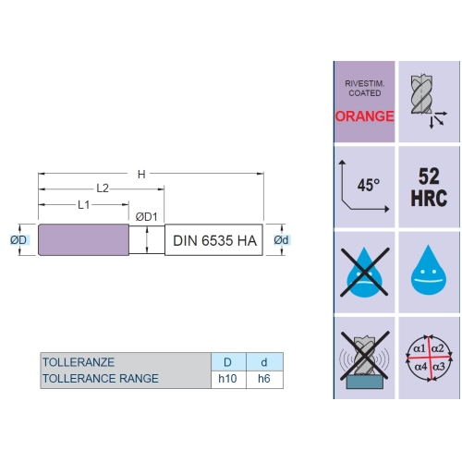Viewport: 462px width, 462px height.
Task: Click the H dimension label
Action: (x=141, y=175)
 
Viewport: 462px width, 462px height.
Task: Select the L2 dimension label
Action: (x=103, y=188)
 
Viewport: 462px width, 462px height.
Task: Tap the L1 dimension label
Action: (x=84, y=205)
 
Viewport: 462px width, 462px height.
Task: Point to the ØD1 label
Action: (x=147, y=217)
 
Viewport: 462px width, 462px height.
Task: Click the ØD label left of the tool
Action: (x=18, y=240)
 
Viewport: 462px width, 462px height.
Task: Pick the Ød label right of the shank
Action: (x=281, y=240)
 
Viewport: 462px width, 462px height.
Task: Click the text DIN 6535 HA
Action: (x=214, y=240)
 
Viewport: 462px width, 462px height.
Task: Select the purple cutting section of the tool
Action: (x=83, y=240)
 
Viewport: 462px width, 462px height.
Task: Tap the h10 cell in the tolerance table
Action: (x=227, y=379)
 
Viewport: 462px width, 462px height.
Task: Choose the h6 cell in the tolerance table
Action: (x=264, y=379)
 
